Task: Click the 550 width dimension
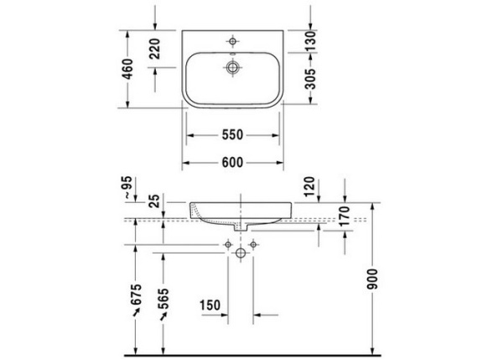(232, 134)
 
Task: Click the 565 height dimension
(164, 300)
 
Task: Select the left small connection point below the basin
(227, 243)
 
